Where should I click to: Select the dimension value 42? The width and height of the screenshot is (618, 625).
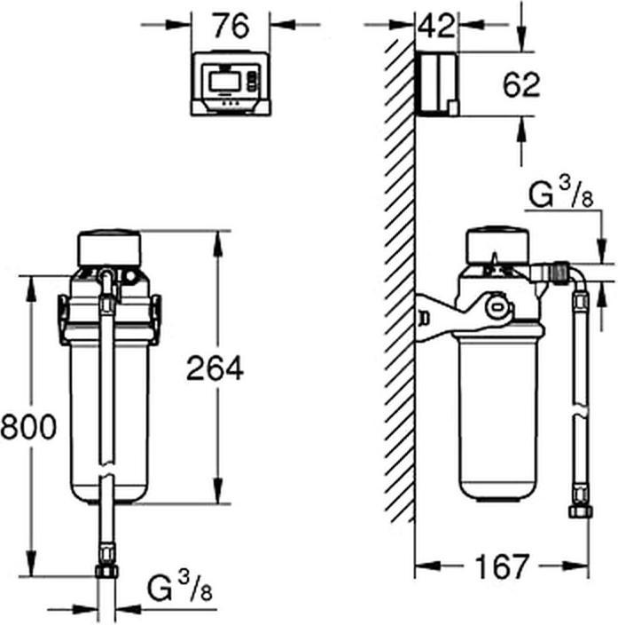[x=436, y=26]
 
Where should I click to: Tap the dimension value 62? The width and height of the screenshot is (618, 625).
[x=520, y=85]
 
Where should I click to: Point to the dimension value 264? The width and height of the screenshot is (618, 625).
[x=215, y=368]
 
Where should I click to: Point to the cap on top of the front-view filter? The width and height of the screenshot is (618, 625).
[x=110, y=248]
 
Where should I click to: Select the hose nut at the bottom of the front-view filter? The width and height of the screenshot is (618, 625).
[x=107, y=571]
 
